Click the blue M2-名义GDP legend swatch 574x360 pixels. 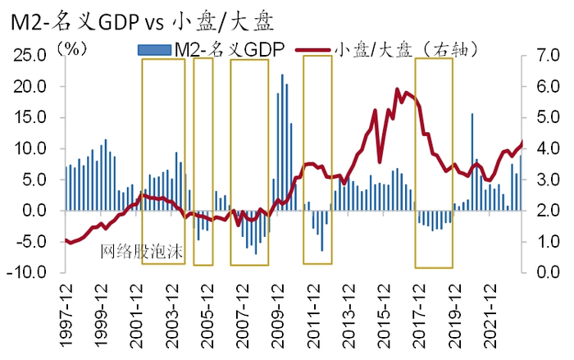tap(153, 50)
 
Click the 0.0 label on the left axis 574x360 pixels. tap(36, 211)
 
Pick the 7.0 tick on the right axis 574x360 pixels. tap(544, 55)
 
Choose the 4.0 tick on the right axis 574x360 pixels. tap(544, 148)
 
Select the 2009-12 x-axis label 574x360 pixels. tap(281, 312)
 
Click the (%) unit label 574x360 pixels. tap(73, 47)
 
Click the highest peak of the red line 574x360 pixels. tap(398, 89)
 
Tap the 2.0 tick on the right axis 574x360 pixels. tap(544, 211)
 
